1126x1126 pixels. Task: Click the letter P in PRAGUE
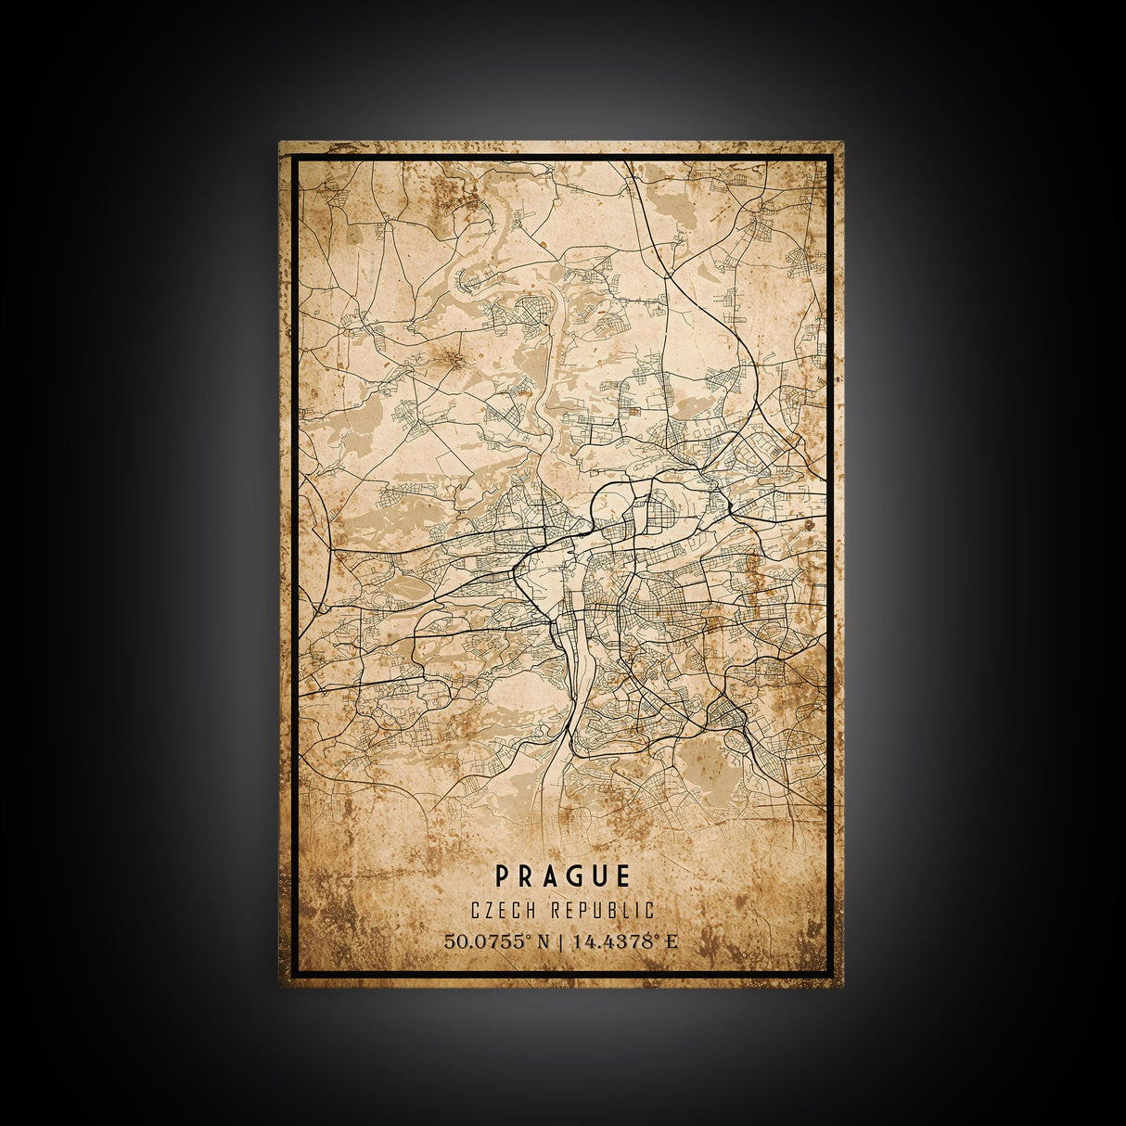(x=502, y=876)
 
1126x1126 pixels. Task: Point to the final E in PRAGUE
(x=623, y=876)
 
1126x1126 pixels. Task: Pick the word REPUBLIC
(x=602, y=911)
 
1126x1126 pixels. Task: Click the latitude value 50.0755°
(x=487, y=941)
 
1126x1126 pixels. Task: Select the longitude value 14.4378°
(x=614, y=941)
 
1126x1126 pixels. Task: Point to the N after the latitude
(x=544, y=941)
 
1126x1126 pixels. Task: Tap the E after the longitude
(x=672, y=941)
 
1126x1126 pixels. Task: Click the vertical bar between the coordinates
(x=561, y=941)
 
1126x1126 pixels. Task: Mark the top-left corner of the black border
(x=294, y=157)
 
